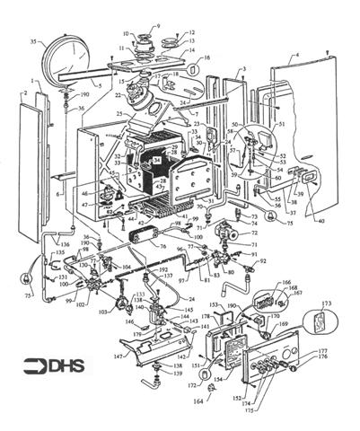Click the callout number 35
coord(34,42)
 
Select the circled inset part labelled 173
coord(321,329)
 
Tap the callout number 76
coord(163,246)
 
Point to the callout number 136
coord(64,244)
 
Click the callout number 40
coord(320,222)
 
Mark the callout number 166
coord(285,283)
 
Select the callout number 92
coord(264,261)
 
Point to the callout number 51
coord(281,124)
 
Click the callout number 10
coord(124,32)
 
